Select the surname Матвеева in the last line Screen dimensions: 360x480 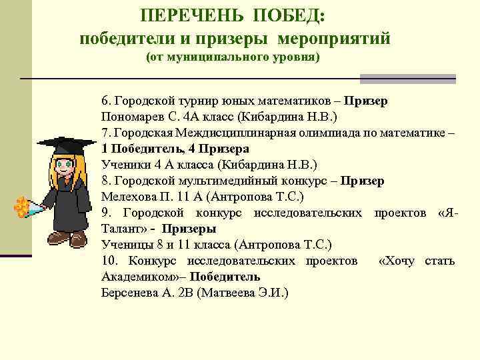pyautogui.click(x=231, y=292)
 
